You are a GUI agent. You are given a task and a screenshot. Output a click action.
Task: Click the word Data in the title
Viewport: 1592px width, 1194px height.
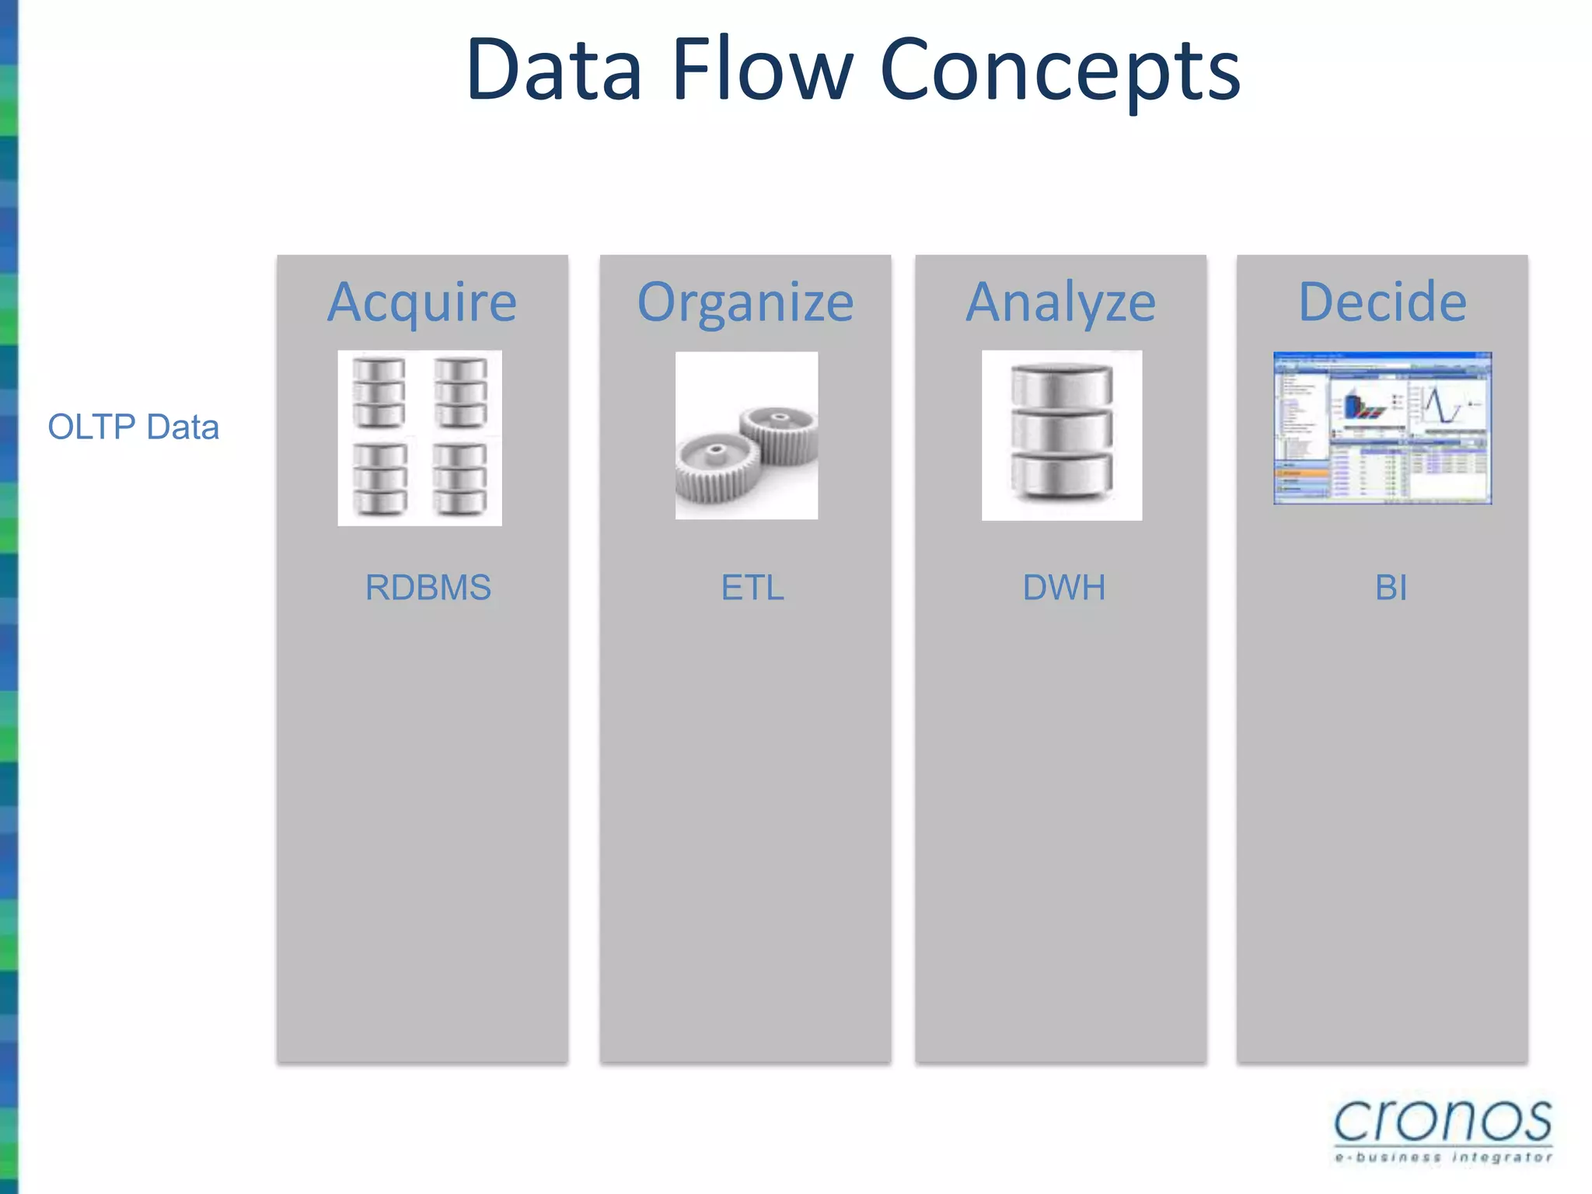coord(553,72)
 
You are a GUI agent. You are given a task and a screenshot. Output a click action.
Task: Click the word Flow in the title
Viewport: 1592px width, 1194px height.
coord(762,72)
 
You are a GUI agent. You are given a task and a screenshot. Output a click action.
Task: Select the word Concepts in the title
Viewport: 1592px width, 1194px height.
coord(1060,72)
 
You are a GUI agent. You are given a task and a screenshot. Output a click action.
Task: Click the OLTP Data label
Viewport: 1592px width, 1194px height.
coord(134,427)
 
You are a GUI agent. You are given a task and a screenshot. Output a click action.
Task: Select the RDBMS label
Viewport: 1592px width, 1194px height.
coord(428,588)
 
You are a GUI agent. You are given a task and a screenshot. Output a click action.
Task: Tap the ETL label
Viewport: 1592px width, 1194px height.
coord(752,588)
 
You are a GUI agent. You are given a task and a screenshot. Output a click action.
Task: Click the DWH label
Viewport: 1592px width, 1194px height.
coord(1064,588)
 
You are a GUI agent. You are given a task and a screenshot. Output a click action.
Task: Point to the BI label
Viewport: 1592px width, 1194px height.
coord(1391,588)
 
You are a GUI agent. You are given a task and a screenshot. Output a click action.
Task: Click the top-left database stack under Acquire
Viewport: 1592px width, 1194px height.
coord(379,393)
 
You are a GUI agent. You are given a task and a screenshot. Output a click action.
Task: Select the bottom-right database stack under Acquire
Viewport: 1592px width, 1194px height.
coord(460,479)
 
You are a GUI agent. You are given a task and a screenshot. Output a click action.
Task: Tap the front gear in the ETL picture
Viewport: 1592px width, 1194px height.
coord(717,466)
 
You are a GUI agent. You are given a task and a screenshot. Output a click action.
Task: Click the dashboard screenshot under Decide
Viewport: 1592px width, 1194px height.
coord(1382,428)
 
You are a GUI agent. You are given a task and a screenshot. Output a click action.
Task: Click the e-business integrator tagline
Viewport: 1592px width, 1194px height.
coord(1444,1157)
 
